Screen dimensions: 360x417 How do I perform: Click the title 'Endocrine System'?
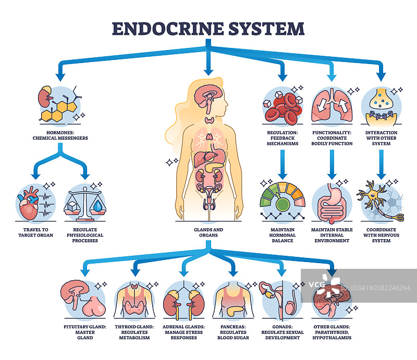click(208, 28)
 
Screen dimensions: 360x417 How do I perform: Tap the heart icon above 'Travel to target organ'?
click(30, 203)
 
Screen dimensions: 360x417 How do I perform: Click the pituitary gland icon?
click(84, 299)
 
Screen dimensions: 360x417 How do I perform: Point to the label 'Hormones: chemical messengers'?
click(59, 136)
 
